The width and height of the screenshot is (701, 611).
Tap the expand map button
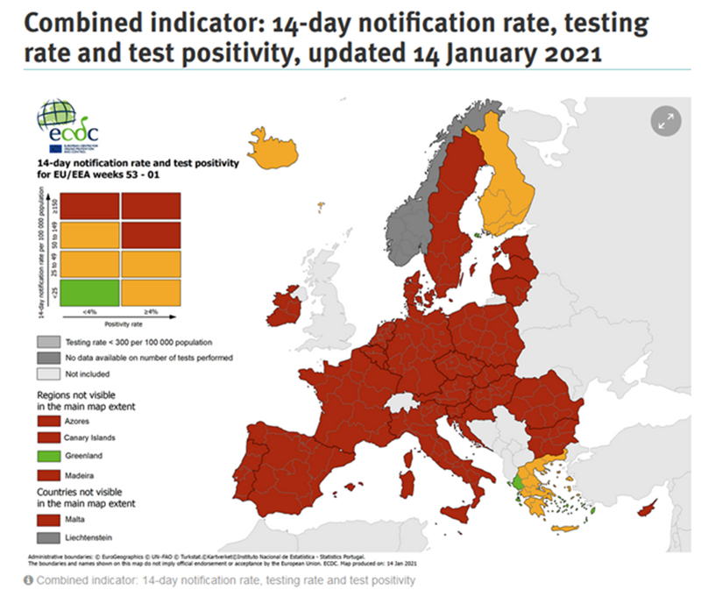pyautogui.click(x=665, y=121)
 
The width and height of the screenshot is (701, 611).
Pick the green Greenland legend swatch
pyautogui.click(x=46, y=456)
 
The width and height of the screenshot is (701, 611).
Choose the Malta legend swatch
pyautogui.click(x=46, y=520)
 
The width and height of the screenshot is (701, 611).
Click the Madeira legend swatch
pyautogui.click(x=46, y=473)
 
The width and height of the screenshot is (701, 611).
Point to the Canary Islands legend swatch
pyautogui.click(x=46, y=438)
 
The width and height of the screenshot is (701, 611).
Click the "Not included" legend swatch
pyautogui.click(x=46, y=374)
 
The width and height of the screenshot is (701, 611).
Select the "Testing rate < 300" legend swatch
pyautogui.click(x=46, y=342)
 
